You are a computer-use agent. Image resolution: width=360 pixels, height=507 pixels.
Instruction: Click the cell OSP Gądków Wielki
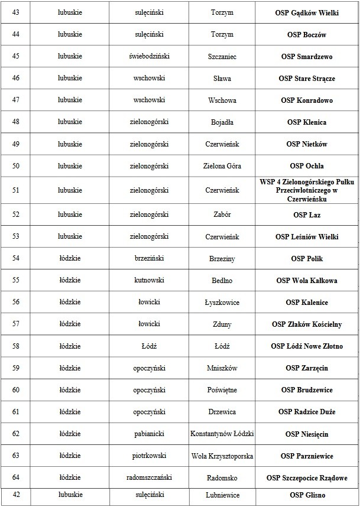coord(307,12)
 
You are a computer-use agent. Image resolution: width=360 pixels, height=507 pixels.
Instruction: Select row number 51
coord(16,190)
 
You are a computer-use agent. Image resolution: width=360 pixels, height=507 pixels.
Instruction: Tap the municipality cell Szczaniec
coord(222,57)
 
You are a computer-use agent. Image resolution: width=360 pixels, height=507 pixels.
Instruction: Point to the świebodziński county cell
coord(149,57)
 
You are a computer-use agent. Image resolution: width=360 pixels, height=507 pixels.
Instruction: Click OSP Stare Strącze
coord(307,79)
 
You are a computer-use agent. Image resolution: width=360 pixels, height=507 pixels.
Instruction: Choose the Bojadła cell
coord(222,122)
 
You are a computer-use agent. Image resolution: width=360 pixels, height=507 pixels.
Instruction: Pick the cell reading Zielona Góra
coord(222,166)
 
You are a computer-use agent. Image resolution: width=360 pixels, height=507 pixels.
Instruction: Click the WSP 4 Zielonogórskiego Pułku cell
coord(307,190)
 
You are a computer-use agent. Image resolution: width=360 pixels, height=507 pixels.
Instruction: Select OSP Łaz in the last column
coord(307,215)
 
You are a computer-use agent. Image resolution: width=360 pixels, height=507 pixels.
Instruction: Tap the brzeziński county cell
coord(149,259)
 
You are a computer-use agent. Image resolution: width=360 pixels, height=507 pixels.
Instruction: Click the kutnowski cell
coord(149,281)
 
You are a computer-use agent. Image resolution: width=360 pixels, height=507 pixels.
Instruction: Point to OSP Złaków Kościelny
coord(307,324)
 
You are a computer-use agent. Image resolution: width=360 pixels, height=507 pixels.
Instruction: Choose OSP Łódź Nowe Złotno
coord(307,346)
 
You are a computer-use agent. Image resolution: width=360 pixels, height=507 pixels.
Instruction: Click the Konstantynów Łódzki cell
coord(222,434)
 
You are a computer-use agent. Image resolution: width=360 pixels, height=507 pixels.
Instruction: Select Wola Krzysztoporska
coord(222,456)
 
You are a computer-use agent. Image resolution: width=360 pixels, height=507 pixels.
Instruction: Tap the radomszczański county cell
coord(149,478)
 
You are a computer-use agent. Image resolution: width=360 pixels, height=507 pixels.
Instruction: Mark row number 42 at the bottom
coord(16,495)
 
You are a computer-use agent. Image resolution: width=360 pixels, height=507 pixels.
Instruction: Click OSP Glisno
coord(307,495)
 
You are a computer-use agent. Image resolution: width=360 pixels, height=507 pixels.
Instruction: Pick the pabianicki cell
coord(149,434)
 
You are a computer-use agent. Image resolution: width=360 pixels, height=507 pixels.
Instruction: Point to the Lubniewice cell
coord(222,495)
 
